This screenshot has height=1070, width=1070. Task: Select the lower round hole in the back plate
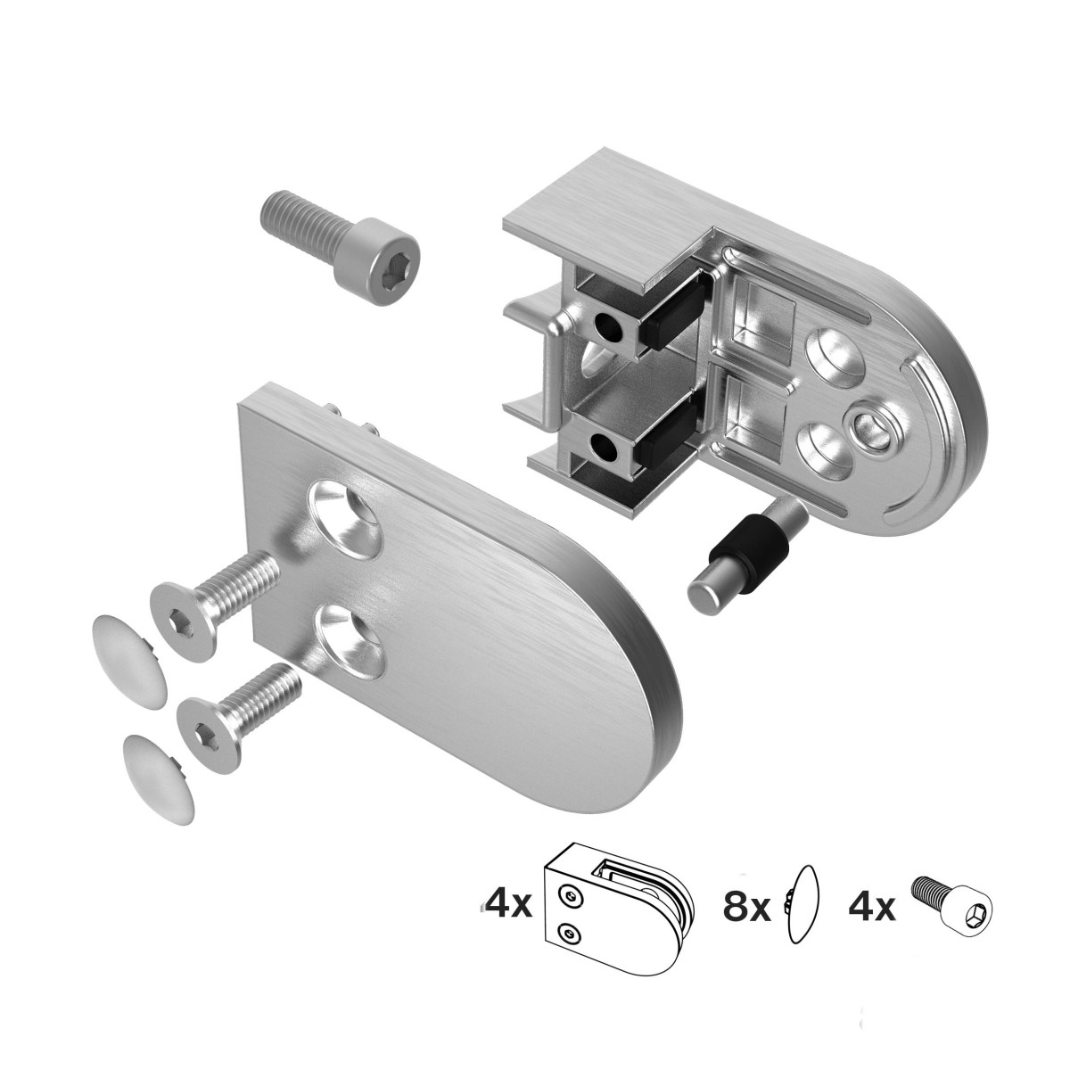click(819, 446)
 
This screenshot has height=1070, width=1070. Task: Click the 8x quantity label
click(747, 909)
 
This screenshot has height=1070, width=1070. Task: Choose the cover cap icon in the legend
click(799, 910)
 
